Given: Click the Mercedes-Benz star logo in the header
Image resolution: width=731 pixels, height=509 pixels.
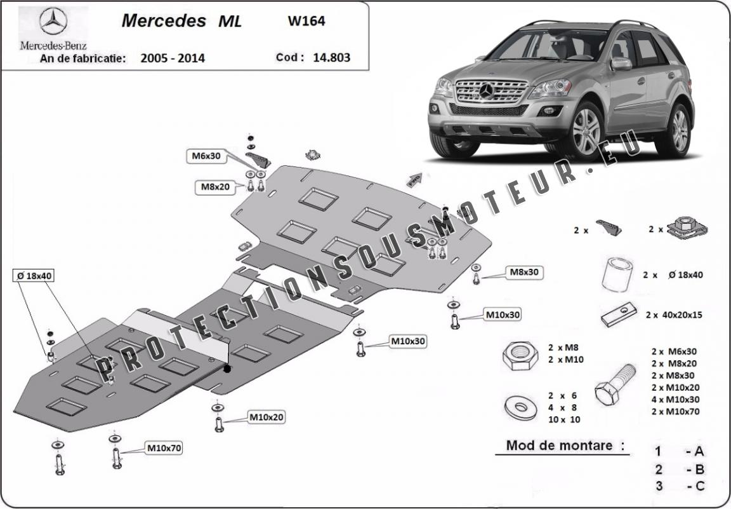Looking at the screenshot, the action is click(x=53, y=21).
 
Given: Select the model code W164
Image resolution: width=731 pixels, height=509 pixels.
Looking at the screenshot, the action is click(x=306, y=21).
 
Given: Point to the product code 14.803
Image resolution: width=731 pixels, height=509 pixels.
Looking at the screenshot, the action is click(x=331, y=57).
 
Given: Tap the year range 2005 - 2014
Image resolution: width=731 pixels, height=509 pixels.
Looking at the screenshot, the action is click(x=173, y=58).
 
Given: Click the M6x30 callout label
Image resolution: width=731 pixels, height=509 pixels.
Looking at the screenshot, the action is click(x=206, y=156).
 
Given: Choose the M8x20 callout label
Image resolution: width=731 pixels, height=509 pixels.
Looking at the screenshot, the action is click(x=215, y=187).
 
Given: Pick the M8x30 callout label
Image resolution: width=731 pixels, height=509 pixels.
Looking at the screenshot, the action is click(x=525, y=272).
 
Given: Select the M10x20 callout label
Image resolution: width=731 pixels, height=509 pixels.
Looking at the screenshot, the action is click(x=266, y=417).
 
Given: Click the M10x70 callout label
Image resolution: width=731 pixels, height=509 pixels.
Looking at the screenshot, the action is click(x=164, y=448).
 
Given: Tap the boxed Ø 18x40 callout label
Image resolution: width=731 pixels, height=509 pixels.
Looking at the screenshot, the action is click(x=34, y=276).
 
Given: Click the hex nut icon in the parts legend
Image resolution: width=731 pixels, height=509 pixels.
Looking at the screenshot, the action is click(x=520, y=356).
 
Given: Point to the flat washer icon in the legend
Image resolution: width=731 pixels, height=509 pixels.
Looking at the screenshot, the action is click(x=520, y=408).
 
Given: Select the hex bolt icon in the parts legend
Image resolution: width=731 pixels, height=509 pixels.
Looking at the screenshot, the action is click(x=615, y=384).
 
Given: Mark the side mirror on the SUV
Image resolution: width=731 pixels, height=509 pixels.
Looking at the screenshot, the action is click(x=621, y=64).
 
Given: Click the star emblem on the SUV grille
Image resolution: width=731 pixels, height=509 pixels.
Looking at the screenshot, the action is click(x=487, y=91).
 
